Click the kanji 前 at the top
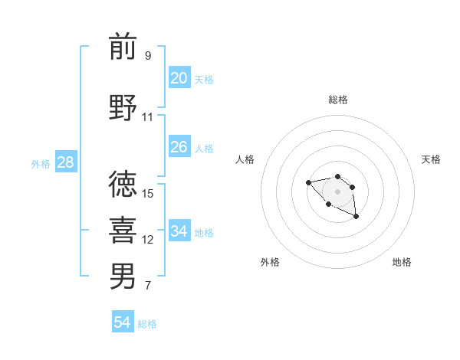(123, 47)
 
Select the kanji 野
(123, 108)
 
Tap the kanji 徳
(123, 185)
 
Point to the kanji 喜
(123, 231)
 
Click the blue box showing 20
(179, 78)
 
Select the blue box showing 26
(179, 147)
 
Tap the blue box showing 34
(179, 231)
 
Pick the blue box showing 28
(64, 162)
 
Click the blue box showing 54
(122, 322)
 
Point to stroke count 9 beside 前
(147, 55)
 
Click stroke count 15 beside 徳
(148, 193)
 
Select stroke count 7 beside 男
(147, 286)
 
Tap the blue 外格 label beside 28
(41, 163)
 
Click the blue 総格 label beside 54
(147, 324)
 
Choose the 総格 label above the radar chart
(337, 100)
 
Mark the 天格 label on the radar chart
(431, 159)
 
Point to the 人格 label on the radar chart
(245, 159)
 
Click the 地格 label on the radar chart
(402, 262)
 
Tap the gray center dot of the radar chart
(337, 191)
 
